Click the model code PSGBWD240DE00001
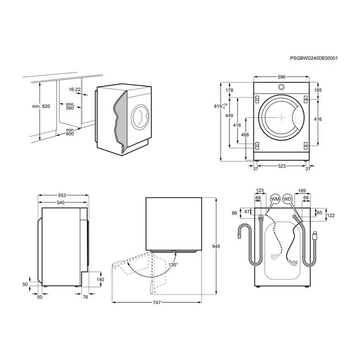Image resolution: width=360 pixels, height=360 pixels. coord(314,58)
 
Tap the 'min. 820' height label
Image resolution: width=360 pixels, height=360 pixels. coord(41,106)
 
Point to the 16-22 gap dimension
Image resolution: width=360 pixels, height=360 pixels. coord(75,90)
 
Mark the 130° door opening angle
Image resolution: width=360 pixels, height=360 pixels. coord(173,265)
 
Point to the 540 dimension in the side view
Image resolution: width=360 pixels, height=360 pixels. coord(61,203)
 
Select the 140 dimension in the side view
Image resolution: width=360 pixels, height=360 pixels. coord(100,279)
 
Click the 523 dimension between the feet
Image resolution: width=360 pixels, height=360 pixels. coord(281,166)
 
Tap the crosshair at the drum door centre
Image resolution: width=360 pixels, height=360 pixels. coord(281,117)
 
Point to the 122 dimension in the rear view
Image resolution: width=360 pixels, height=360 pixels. coord(330,216)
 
